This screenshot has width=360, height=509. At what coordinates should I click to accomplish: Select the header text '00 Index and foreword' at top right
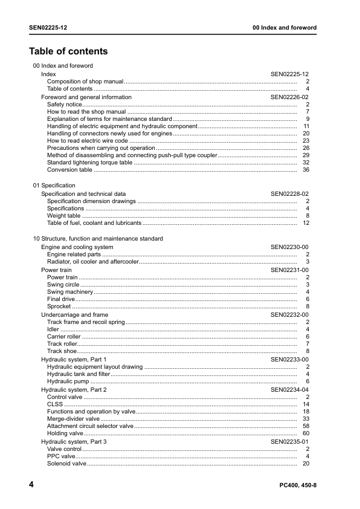point(284,28)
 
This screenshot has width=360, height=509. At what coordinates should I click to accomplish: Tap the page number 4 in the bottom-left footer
point(31,485)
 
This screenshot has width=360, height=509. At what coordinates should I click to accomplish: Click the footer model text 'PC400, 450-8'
point(298,486)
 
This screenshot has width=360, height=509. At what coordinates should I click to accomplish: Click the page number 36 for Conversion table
point(306,170)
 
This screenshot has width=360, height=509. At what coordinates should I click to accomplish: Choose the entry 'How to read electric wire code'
point(88,141)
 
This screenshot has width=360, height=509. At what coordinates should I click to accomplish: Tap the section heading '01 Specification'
point(54,186)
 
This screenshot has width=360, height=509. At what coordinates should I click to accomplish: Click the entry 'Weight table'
point(63,216)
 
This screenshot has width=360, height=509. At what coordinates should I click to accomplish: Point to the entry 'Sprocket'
point(59,306)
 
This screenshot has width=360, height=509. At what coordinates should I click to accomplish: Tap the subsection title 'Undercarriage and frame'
point(74,315)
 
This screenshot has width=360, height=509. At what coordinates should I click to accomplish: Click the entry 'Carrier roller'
point(63,337)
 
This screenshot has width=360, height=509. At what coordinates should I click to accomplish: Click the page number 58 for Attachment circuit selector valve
point(306,426)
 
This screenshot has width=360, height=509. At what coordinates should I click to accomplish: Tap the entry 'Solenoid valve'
point(66,464)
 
